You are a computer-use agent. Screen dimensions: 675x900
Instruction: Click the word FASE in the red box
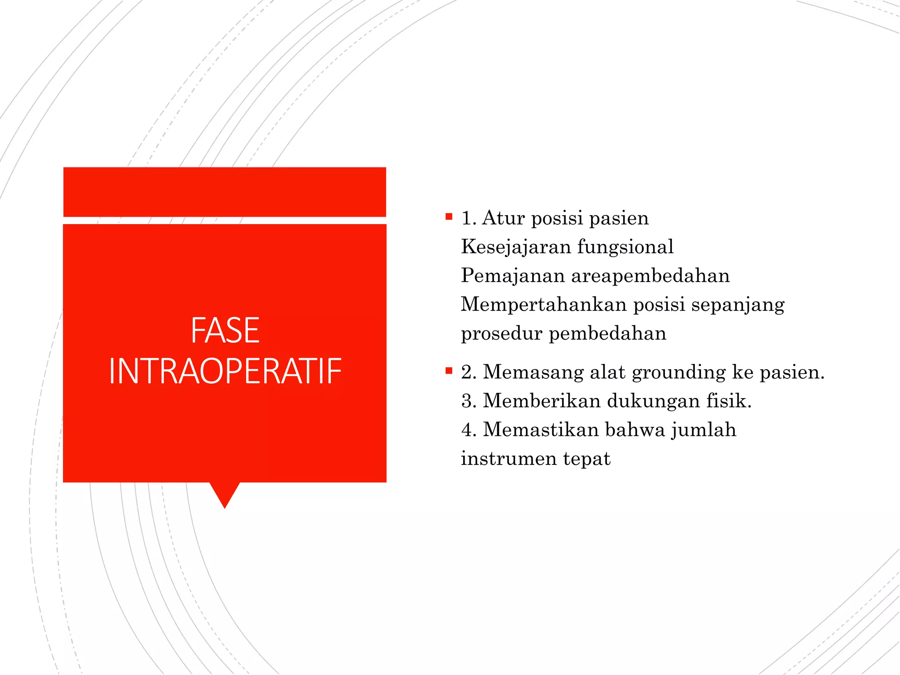[225, 330]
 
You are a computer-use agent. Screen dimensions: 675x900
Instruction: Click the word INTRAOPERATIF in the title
[225, 372]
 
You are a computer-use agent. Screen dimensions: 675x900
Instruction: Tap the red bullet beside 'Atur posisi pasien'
[449, 217]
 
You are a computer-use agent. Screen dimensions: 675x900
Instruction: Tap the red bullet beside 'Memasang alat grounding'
[449, 371]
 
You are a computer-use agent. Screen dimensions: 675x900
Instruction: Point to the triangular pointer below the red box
[225, 495]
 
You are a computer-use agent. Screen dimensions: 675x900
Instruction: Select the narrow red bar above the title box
[225, 192]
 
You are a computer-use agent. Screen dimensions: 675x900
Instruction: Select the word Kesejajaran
[516, 247]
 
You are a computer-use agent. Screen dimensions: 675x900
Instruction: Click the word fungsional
[625, 247]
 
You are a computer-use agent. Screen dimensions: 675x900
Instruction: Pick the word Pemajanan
[513, 276]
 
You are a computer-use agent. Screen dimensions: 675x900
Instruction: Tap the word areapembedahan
[650, 276]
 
